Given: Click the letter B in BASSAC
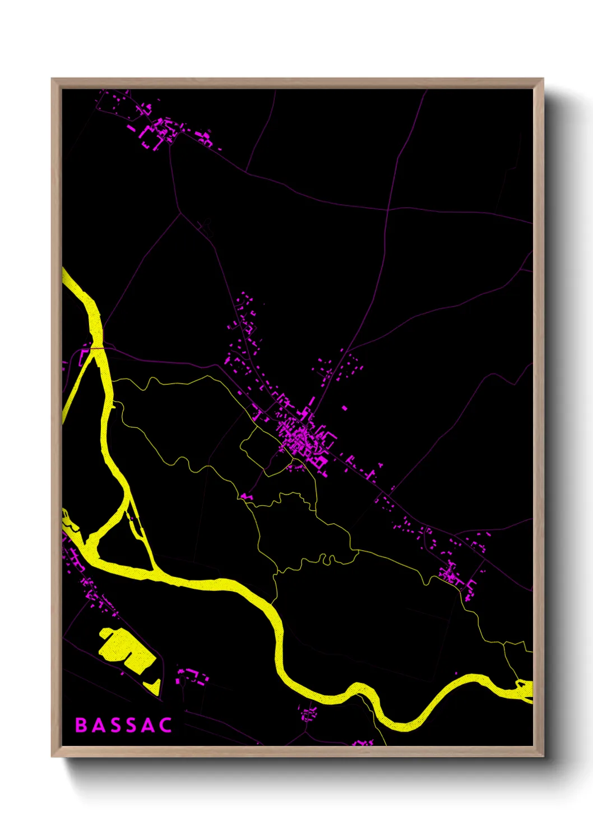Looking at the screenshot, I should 81,725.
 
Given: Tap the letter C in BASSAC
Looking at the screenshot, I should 165,725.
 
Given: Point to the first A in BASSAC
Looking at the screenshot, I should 98,725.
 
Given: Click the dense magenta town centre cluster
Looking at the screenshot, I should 303,437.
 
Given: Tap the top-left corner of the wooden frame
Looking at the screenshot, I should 52,79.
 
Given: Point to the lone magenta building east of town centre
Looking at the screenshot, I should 344,408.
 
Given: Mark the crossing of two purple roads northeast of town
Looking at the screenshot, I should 388,209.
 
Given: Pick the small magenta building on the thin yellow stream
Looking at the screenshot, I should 247,496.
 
